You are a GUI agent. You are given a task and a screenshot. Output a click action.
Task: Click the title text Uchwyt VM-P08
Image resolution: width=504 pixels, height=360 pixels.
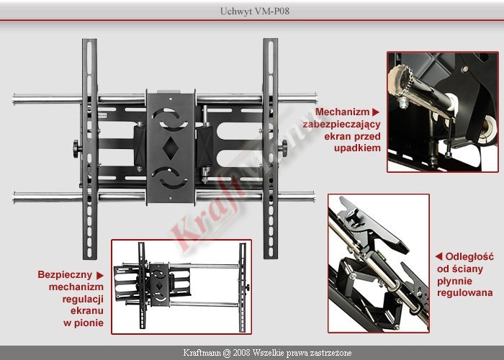tap(255, 11)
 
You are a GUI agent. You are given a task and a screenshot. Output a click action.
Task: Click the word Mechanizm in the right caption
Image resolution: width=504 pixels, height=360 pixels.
tap(342, 112)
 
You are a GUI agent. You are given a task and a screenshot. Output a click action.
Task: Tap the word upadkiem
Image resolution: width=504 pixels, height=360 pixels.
tap(357, 148)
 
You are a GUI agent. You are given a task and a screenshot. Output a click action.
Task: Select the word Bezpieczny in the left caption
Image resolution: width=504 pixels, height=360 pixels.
tap(65, 274)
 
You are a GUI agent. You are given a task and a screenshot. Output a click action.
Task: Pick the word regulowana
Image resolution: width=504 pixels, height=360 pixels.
tap(465, 293)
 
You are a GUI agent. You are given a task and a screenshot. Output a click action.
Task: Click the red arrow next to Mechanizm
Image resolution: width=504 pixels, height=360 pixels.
tap(376, 112)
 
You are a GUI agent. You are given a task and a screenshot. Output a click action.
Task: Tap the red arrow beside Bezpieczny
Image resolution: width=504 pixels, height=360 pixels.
tap(100, 276)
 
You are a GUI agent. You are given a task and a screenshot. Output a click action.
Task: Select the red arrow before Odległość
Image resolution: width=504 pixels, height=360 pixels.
tap(438, 256)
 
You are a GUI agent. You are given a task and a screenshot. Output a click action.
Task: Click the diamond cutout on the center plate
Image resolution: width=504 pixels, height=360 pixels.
tap(171, 148)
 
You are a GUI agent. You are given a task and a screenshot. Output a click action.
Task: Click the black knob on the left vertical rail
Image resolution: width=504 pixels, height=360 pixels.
tap(76, 149)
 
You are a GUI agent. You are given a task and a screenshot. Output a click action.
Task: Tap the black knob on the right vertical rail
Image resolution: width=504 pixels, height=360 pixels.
tap(284, 148)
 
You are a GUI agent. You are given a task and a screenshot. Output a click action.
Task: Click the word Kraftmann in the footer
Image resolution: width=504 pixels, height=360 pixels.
tap(202, 353)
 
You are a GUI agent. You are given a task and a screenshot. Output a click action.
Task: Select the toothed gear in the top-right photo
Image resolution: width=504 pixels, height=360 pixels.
tap(400, 78)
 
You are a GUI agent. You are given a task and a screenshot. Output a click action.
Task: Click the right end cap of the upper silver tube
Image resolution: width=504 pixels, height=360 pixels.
tap(315, 98)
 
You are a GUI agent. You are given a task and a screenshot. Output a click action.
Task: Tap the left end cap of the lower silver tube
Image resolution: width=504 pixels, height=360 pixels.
tap(14, 197)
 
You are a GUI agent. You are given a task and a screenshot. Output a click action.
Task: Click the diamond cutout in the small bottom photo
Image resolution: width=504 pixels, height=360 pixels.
tap(159, 286)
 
